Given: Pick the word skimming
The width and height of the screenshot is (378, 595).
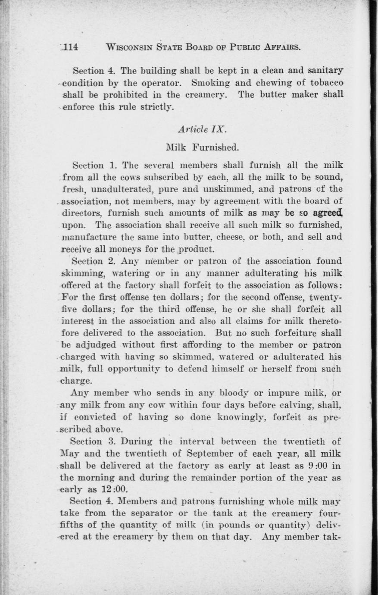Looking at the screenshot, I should (x=81, y=273).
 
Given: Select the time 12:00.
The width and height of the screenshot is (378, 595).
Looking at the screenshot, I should (x=105, y=489).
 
